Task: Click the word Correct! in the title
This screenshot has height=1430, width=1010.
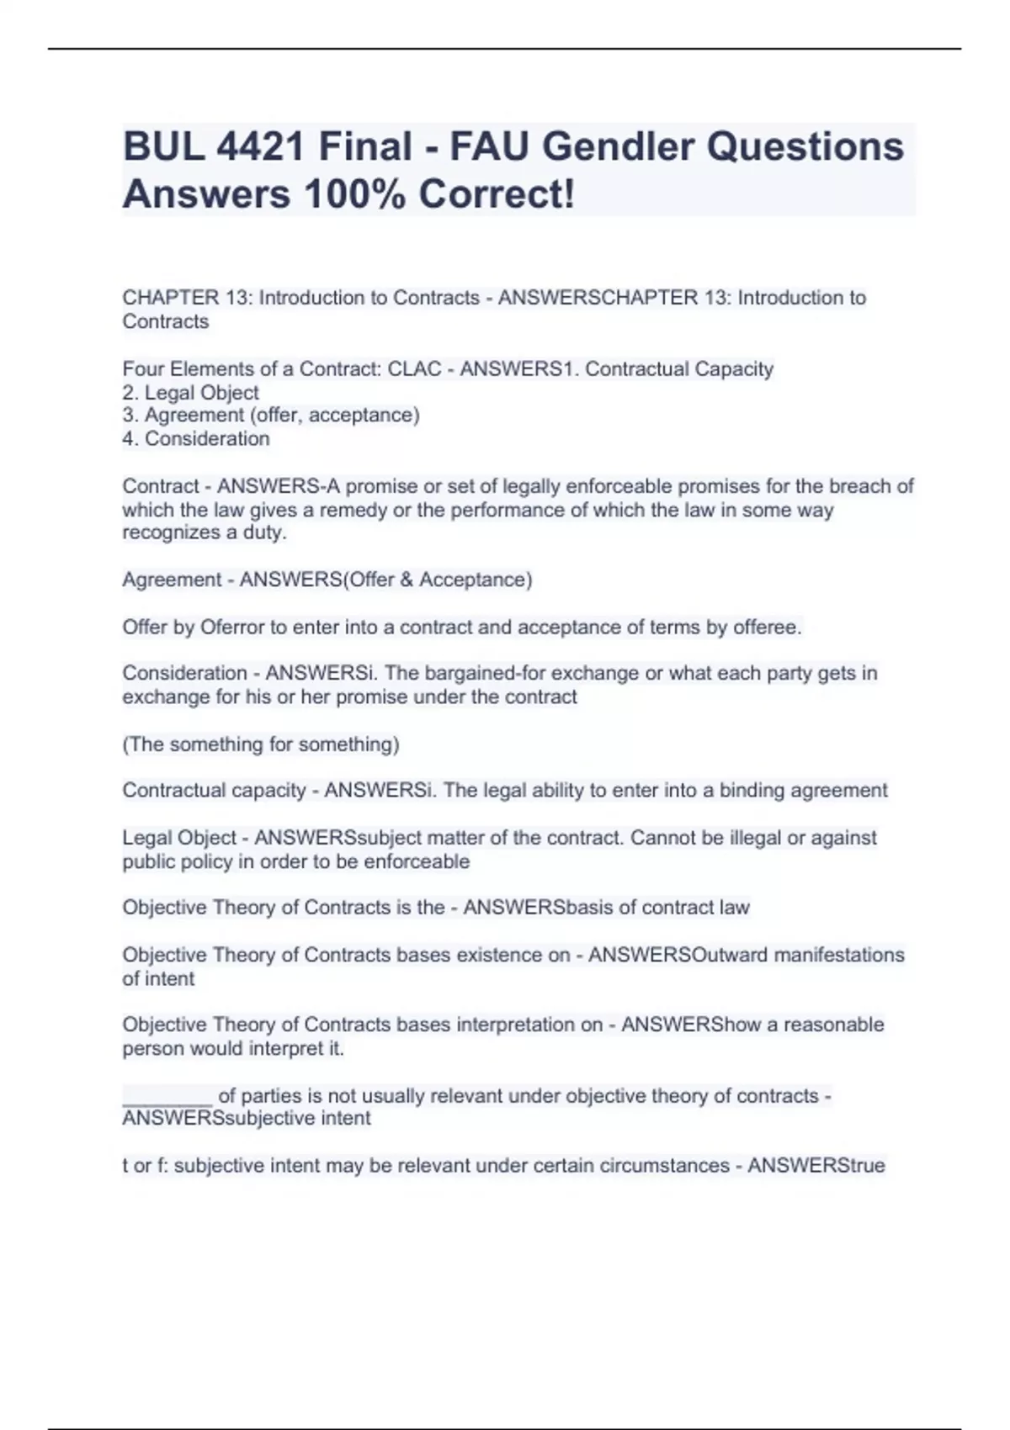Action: [x=497, y=194]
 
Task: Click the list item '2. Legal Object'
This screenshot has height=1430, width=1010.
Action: [x=191, y=393]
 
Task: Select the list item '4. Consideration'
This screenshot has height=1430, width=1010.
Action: [x=196, y=438]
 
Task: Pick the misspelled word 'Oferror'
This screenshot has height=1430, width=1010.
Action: [x=231, y=627]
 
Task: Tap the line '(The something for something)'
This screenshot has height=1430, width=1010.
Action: [x=261, y=744]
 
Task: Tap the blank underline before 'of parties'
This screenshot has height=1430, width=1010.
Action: [x=167, y=1097]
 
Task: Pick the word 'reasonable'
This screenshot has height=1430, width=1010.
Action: [x=834, y=1025]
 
